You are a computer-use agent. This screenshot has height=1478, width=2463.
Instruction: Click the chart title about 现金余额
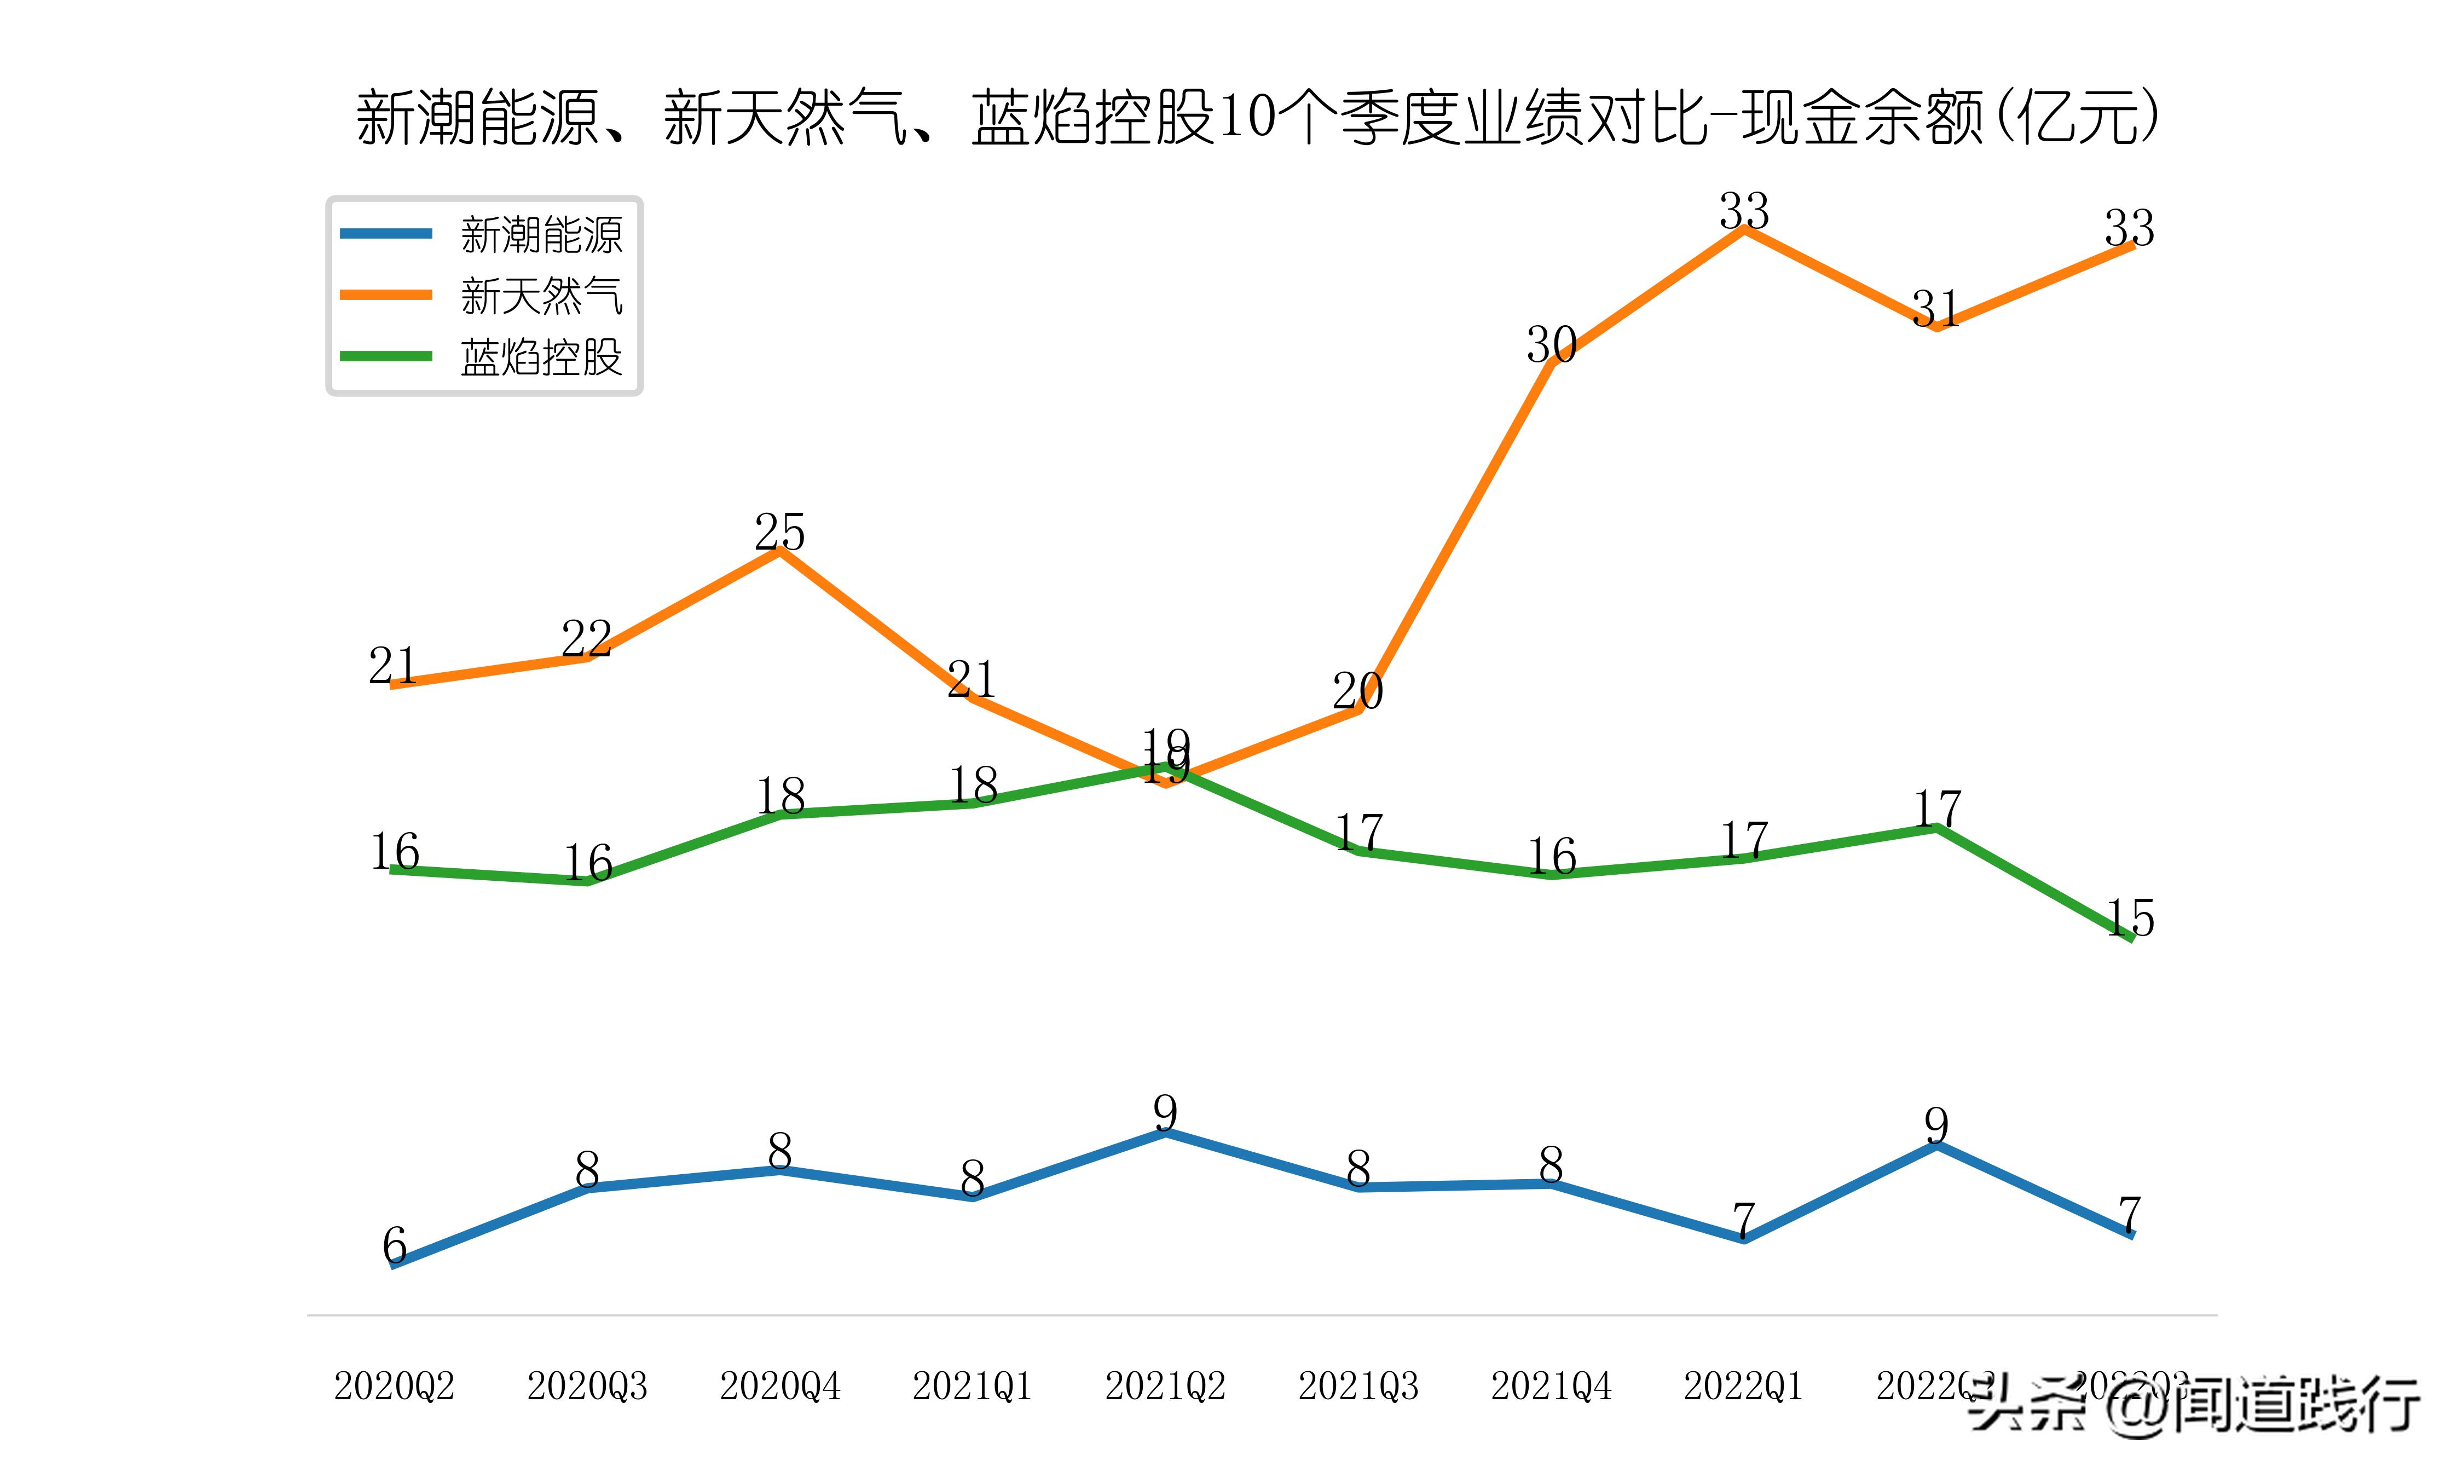tap(1256, 118)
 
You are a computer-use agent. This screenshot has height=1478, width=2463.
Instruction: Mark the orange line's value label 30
tap(1551, 345)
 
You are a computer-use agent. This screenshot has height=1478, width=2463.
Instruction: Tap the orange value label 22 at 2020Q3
tap(586, 638)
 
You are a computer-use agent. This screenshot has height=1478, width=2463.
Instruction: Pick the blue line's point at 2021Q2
tap(1165, 1133)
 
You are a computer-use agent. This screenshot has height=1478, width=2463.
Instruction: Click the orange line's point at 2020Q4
tap(779, 551)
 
